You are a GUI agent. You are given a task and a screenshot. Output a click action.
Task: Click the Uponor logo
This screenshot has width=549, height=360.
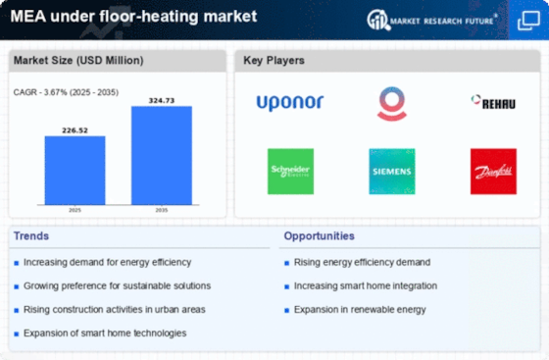click(x=290, y=102)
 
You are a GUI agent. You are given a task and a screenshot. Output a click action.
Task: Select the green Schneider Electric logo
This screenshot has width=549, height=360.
click(x=290, y=171)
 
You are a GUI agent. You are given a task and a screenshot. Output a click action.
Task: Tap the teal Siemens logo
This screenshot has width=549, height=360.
click(x=391, y=171)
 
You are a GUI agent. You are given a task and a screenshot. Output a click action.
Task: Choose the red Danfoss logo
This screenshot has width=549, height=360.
click(x=492, y=171)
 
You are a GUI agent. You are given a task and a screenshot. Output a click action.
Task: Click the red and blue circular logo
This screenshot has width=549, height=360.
click(x=391, y=102)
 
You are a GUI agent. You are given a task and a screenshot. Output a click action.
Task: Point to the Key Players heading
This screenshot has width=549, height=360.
click(x=274, y=61)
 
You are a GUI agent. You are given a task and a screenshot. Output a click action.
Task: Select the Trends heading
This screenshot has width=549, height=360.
click(x=32, y=236)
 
